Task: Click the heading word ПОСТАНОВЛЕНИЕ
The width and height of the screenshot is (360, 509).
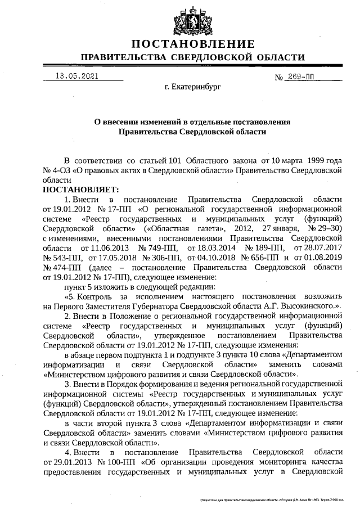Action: (192, 44)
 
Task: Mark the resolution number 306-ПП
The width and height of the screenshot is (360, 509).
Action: (163, 258)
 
